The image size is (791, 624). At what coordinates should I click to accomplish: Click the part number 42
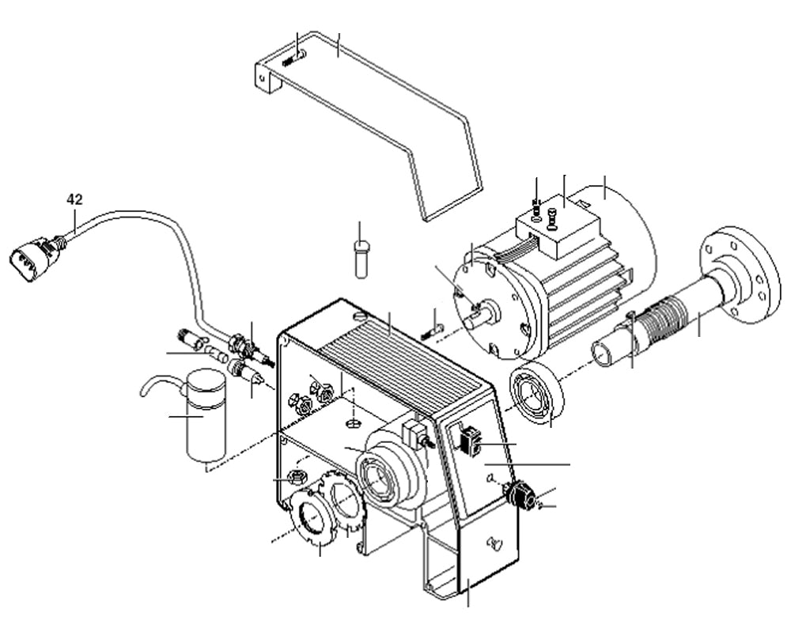(74, 199)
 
